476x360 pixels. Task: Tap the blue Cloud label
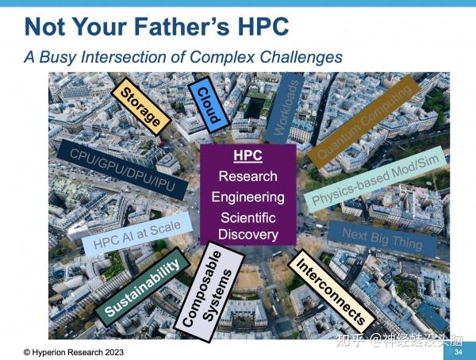click(x=208, y=101)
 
